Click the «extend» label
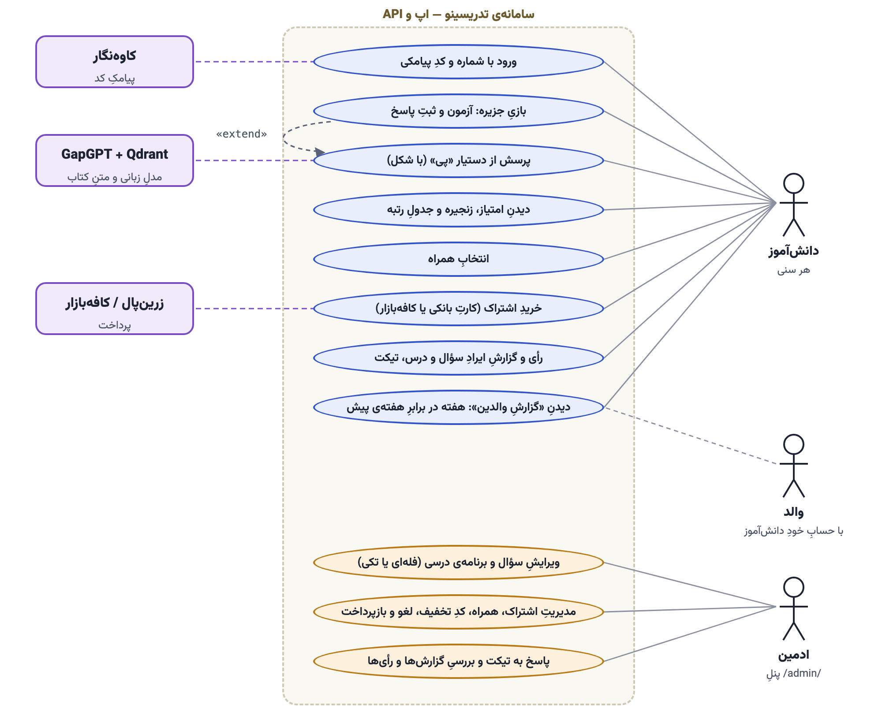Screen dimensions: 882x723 [241, 134]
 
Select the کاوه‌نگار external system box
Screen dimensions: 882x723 [115, 62]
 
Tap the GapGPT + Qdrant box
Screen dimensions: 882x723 [115, 160]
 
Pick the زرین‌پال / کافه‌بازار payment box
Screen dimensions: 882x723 [115, 309]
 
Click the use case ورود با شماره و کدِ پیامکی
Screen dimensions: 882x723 [459, 62]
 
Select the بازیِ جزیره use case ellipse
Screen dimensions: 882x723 [459, 111]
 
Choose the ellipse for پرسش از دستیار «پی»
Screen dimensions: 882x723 [459, 160]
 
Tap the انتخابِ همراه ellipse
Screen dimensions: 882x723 [459, 259]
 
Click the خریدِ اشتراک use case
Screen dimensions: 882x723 [459, 309]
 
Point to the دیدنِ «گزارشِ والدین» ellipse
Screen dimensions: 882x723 [459, 407]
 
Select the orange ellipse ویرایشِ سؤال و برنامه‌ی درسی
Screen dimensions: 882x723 [459, 563]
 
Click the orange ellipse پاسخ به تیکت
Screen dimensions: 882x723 [459, 661]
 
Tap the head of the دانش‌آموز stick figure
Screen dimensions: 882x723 [794, 183]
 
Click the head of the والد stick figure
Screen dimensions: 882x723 [794, 444]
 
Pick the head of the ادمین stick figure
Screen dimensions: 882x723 [794, 587]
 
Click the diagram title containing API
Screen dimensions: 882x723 [459, 14]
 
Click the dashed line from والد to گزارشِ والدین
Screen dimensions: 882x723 [690, 436]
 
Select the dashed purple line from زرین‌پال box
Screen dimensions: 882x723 [254, 309]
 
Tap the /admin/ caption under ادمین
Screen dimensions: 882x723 [794, 674]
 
